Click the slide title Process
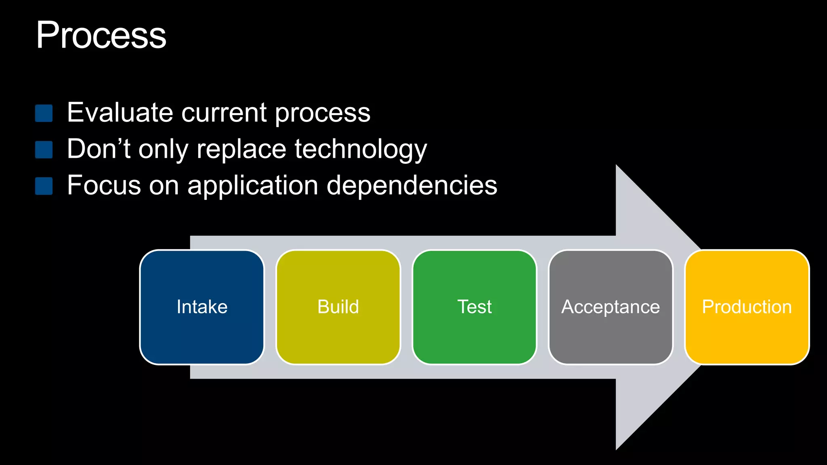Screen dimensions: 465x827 101,36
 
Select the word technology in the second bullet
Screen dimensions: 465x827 360,149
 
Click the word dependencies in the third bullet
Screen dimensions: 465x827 411,185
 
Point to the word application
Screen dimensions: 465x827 253,186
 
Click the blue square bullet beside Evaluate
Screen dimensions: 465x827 44,113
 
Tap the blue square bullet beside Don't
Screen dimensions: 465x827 44,149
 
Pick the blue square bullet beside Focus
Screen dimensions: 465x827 44,186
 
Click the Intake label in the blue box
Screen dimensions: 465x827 202,307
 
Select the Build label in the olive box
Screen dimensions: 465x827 338,307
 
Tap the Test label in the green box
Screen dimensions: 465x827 474,307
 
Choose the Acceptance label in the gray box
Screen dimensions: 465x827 611,307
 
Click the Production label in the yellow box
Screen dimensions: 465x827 747,307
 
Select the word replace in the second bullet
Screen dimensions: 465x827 241,149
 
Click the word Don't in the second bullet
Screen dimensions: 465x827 99,149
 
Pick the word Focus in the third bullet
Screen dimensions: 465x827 103,185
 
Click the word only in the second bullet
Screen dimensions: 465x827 163,150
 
